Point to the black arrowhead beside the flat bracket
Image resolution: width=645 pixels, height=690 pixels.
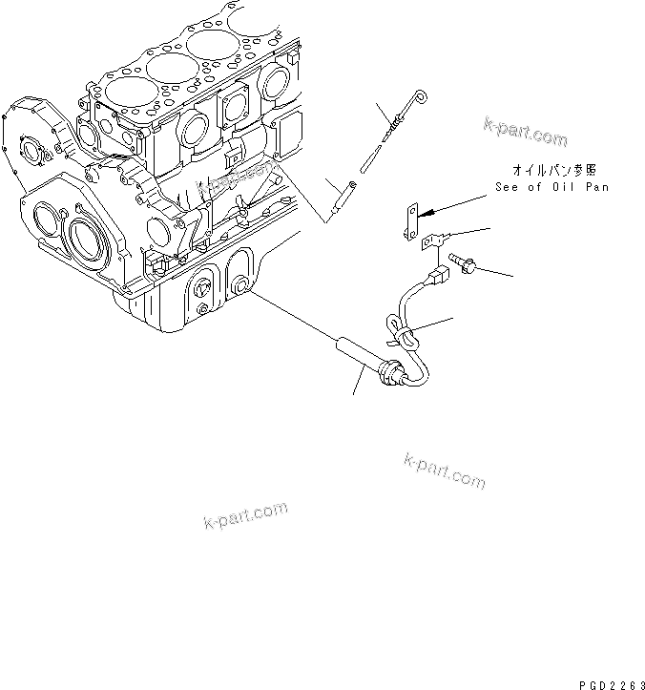(x=428, y=213)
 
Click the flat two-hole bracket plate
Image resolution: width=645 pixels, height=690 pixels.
(x=410, y=221)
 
